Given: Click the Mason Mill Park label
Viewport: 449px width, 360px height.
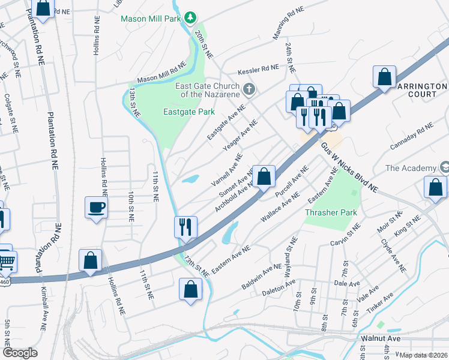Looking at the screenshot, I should tap(151, 18).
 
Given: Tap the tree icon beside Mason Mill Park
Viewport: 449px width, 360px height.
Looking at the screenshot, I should tap(190, 18).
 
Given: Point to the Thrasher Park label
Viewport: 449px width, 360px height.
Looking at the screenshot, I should tap(330, 212).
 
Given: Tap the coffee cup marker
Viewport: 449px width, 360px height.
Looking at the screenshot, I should tap(96, 208).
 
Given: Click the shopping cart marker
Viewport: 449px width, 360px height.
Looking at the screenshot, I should tap(6, 260).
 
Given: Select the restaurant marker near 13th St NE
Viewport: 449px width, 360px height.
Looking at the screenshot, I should tap(185, 227).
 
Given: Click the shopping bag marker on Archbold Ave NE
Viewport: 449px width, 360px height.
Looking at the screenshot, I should tap(264, 177).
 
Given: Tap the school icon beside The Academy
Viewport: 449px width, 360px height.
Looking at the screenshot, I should tap(445, 166).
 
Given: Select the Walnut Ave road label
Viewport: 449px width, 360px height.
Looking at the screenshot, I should tap(381, 338).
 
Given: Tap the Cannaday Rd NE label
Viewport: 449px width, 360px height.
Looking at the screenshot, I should tap(412, 136).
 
